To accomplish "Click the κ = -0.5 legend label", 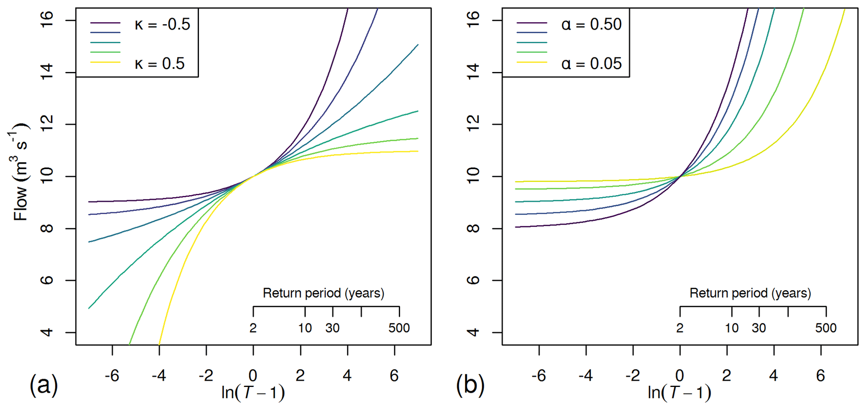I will (162, 25).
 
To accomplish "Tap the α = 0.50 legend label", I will (591, 25).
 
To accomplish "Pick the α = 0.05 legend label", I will (591, 64).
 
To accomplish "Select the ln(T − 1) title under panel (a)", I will (253, 392).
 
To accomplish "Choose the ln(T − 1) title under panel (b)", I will (680, 392).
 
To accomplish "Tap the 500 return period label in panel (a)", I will (399, 328).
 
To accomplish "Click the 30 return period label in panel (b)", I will (759, 328).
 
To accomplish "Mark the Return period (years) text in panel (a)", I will (323, 293).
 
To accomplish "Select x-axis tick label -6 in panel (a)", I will (112, 376).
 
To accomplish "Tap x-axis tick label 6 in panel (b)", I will (820, 376).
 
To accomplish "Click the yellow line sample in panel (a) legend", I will (105, 62).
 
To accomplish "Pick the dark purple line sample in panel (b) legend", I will (532, 23).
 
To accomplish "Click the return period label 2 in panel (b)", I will (680, 328).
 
